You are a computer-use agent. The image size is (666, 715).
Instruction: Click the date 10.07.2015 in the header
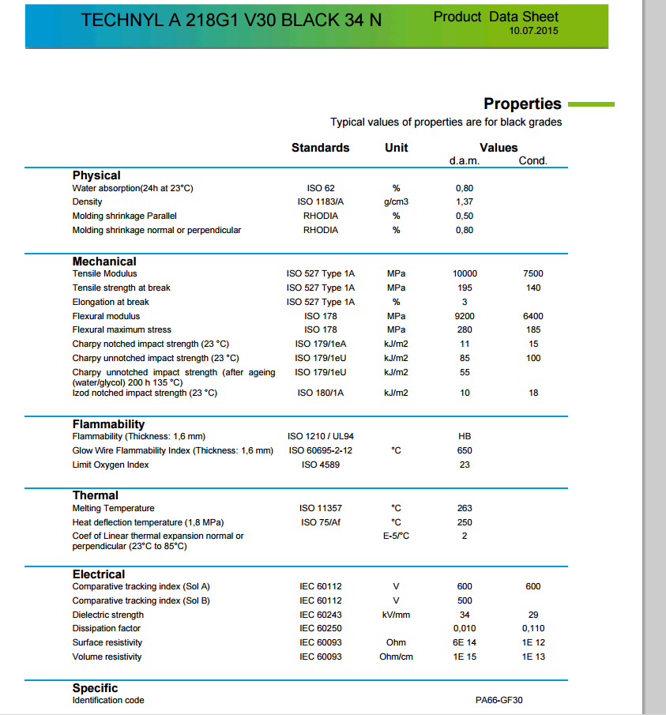(535, 31)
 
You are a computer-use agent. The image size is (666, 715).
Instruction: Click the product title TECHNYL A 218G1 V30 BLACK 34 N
(231, 21)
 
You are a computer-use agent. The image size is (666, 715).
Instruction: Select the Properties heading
(522, 103)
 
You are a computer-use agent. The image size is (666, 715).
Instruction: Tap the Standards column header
(320, 148)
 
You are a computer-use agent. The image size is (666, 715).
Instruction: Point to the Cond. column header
(532, 161)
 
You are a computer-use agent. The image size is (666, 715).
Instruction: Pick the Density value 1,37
(465, 202)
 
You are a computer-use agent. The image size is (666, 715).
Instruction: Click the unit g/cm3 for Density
(396, 202)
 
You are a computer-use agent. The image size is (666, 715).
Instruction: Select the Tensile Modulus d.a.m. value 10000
(465, 273)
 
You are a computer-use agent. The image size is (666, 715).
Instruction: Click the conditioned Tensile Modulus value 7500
(533, 273)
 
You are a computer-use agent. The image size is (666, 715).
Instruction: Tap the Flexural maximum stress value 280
(465, 329)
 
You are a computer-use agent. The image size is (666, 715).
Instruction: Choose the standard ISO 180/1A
(320, 393)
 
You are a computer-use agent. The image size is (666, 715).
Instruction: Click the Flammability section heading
(108, 424)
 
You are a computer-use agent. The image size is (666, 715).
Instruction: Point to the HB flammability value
(465, 436)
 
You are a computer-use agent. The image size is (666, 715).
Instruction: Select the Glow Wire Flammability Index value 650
(465, 450)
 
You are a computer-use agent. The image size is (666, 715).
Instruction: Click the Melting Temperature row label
(113, 508)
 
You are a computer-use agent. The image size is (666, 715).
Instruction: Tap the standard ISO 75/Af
(320, 522)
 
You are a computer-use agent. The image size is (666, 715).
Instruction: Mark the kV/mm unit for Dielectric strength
(396, 615)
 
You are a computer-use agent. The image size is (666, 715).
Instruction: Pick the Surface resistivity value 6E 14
(465, 642)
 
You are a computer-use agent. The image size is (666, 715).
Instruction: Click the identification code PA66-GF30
(499, 701)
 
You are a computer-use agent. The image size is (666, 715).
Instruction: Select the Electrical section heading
(99, 574)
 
